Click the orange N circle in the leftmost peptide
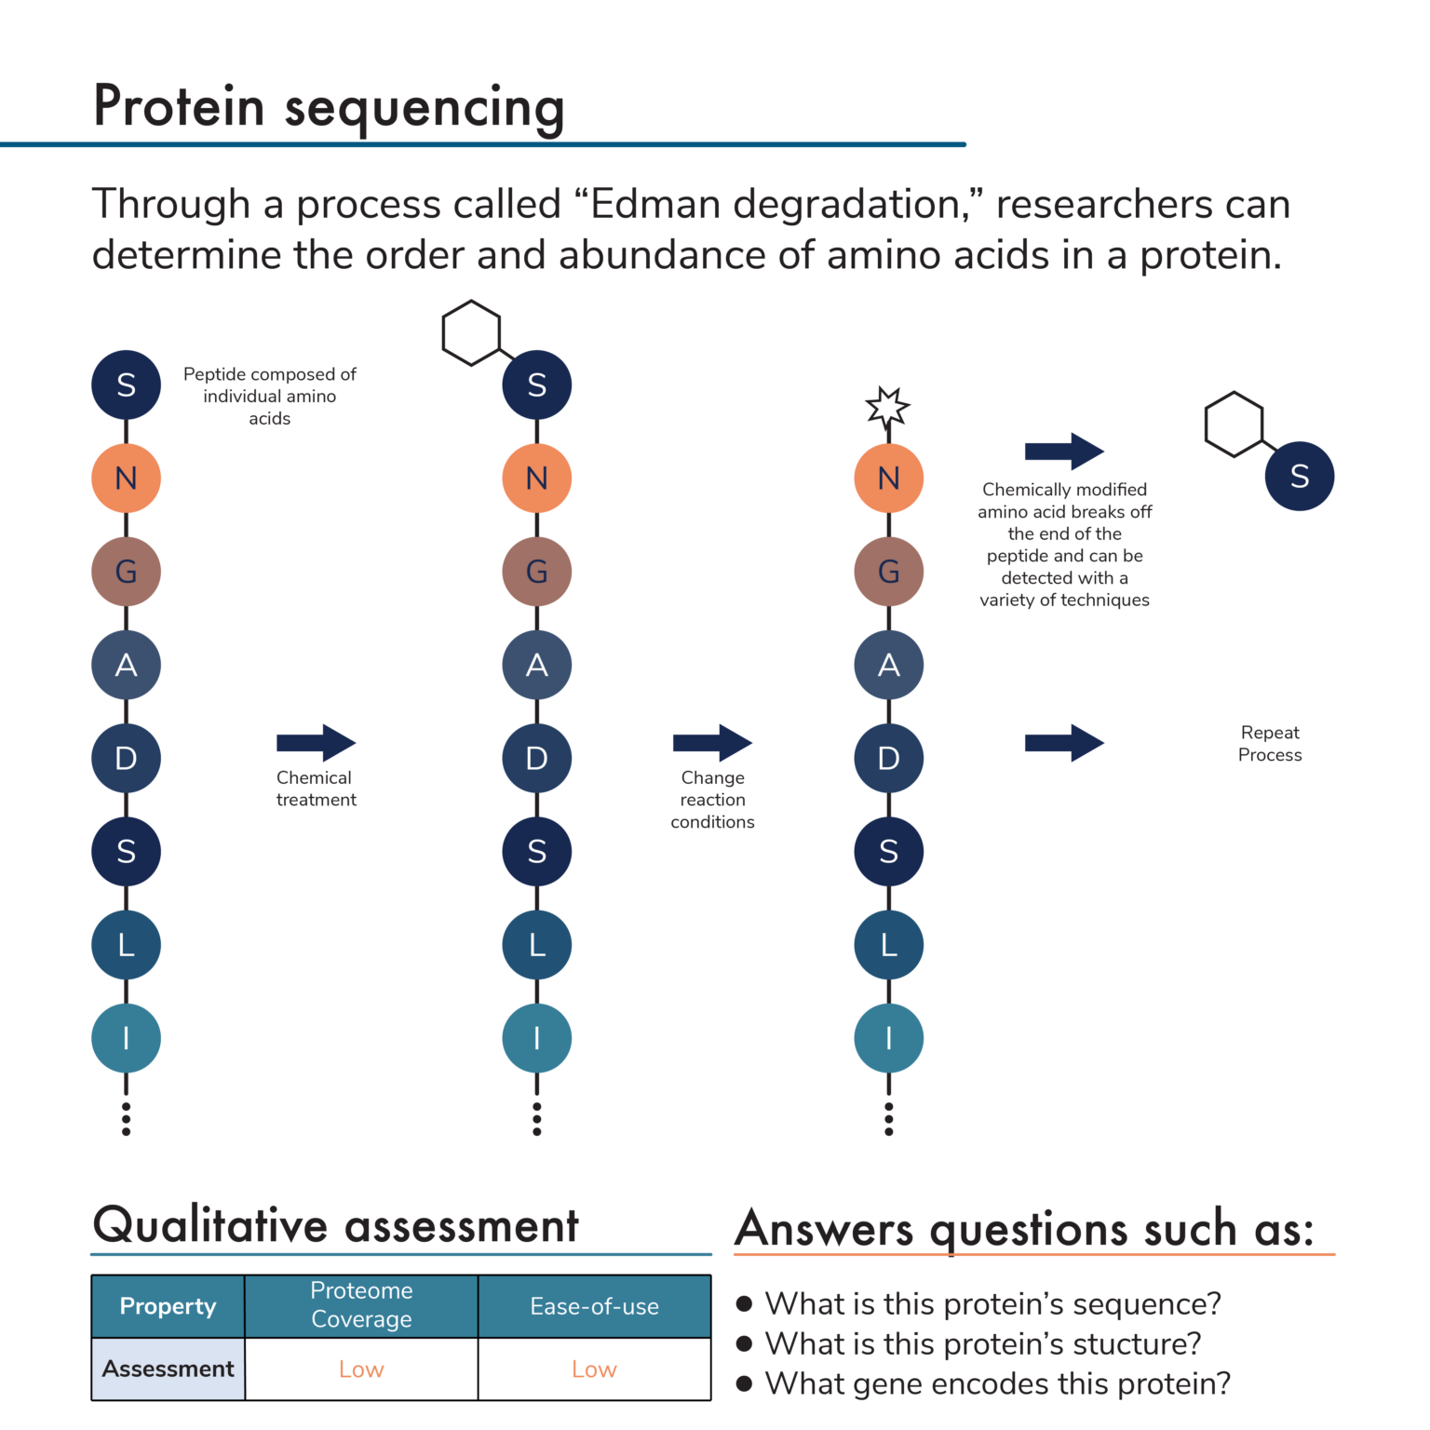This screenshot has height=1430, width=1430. (126, 478)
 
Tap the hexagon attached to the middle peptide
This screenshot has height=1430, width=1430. (471, 332)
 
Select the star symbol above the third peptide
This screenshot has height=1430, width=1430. (887, 408)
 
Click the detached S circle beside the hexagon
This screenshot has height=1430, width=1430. (1299, 476)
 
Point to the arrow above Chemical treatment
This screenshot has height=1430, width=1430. (316, 742)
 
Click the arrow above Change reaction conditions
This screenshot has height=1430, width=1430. (712, 742)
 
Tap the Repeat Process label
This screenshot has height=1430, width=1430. (1269, 743)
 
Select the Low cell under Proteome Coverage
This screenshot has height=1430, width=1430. (361, 1369)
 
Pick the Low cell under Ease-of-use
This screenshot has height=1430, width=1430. (594, 1369)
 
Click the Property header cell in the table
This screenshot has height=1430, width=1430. (168, 1306)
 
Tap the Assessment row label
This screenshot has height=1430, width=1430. (168, 1369)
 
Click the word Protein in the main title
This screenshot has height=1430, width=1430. (179, 106)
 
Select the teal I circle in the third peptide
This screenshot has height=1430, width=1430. (888, 1037)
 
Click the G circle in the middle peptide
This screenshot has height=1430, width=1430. (536, 571)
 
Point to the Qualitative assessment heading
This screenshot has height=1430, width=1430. (335, 1225)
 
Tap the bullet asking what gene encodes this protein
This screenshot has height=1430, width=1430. (996, 1383)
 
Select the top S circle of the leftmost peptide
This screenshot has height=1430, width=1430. (126, 384)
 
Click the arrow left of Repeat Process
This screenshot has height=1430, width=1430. (1064, 742)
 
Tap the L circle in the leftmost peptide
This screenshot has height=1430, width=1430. (126, 945)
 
